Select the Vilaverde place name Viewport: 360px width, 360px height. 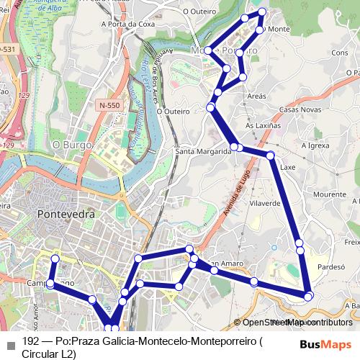(264, 204)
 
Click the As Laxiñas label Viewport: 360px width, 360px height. (260, 125)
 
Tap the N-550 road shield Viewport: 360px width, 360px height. (109, 105)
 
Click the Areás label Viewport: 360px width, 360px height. (256, 96)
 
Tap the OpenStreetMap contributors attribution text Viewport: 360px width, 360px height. (292, 323)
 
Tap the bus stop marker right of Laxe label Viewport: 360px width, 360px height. (271, 156)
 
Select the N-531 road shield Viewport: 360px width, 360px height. (6, 49)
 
